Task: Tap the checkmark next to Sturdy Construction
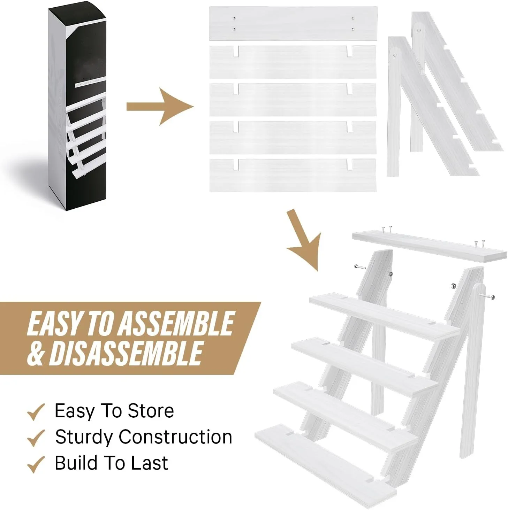[36, 438]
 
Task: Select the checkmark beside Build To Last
[36, 464]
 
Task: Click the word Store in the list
[151, 411]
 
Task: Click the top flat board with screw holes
[293, 23]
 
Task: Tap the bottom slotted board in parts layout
[293, 175]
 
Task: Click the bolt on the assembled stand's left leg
[359, 267]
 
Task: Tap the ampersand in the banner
[36, 353]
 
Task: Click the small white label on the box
[88, 84]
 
